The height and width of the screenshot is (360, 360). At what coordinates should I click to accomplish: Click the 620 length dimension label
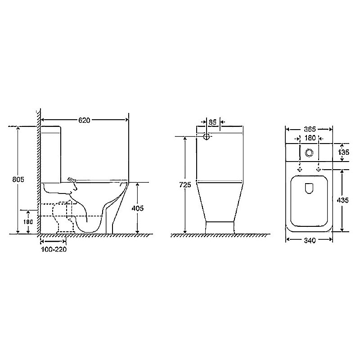point(84,120)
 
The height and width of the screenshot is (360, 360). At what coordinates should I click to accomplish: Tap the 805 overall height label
point(18,179)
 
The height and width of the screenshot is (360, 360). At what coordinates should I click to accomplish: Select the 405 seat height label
point(138,208)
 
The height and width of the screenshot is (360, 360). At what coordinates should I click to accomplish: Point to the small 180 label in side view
point(28,222)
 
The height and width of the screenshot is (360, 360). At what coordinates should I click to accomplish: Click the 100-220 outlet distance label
point(54,249)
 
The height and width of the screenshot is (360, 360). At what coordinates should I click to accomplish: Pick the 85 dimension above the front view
point(213,122)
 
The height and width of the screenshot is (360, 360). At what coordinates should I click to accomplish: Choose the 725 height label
point(185,184)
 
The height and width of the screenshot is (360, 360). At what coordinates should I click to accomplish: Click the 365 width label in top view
point(310,129)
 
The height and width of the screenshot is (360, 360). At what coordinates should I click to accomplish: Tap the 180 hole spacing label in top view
point(310,138)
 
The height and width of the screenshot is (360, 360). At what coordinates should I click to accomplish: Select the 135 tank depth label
point(343,152)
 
